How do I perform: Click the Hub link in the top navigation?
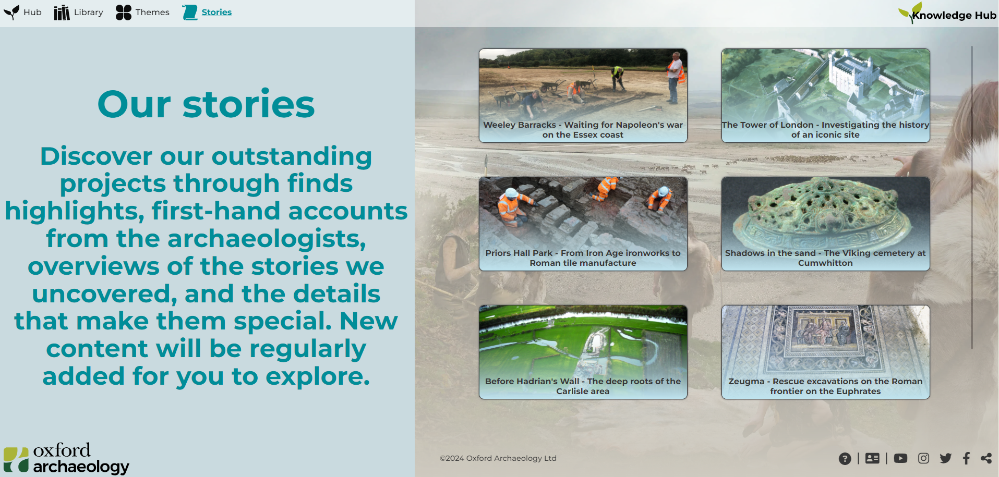(22, 12)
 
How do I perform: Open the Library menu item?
(78, 12)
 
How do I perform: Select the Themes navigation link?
(142, 12)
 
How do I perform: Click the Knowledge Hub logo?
(947, 14)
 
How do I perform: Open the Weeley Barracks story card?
(583, 95)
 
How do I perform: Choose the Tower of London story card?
(825, 95)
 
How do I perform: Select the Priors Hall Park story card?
(583, 224)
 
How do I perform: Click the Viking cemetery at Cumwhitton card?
(825, 224)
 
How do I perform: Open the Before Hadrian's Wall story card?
(583, 352)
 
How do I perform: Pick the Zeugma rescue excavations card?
(825, 352)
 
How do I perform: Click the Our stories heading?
(206, 104)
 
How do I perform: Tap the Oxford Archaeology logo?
(66, 458)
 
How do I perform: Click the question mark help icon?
(845, 458)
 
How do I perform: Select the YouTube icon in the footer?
(900, 458)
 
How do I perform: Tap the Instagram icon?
(923, 458)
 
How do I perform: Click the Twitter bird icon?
(945, 458)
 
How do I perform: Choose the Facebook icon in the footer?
(966, 458)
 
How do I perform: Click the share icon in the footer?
(986, 458)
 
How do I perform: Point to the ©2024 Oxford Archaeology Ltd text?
(498, 458)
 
